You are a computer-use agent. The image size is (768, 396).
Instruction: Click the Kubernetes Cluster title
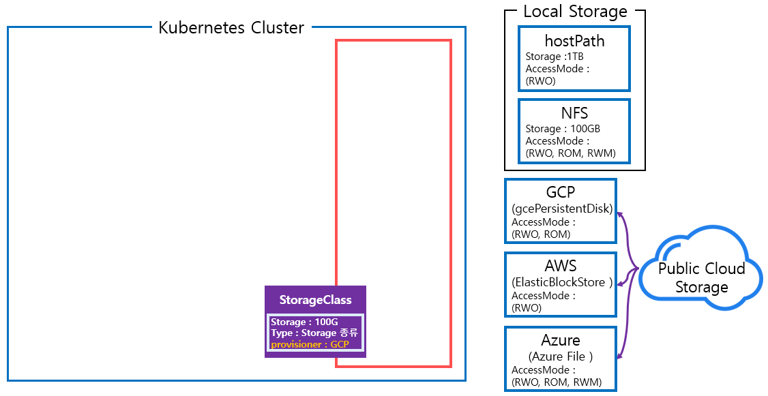[231, 28]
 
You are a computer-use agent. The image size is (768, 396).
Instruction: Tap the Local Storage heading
[574, 12]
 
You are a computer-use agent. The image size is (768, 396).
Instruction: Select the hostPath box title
[574, 41]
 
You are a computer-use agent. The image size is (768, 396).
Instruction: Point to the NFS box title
[574, 113]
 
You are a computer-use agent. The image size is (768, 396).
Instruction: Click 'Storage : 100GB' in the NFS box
[563, 129]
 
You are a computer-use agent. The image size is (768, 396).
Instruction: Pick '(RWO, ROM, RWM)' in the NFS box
[570, 153]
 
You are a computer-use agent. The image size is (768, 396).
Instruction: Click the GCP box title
[561, 192]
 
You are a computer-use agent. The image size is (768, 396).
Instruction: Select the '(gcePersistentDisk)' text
[562, 209]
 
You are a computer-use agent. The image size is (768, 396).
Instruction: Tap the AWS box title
[561, 266]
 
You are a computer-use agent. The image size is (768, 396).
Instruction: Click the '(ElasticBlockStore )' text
[562, 283]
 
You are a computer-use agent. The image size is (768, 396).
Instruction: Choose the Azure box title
[561, 339]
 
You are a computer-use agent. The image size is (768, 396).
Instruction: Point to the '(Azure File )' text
[561, 356]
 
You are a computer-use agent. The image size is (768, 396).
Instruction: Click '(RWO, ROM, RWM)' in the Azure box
[557, 382]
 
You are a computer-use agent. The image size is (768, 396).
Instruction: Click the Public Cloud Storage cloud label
[701, 277]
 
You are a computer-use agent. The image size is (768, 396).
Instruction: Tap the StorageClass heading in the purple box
[315, 300]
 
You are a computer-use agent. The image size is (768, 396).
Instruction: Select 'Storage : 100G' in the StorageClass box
[304, 322]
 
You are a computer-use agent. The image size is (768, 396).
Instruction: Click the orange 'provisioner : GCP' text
[310, 344]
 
